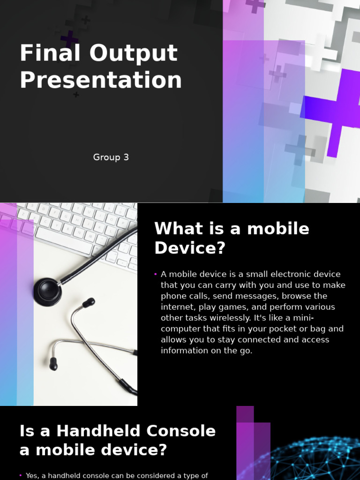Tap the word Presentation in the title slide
pyautogui.click(x=101, y=80)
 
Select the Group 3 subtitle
pyautogui.click(x=111, y=157)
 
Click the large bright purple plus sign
pyautogui.click(x=338, y=110)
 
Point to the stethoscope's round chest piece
pyautogui.click(x=47, y=291)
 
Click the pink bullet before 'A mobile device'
pyautogui.click(x=155, y=274)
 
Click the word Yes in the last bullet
pyautogui.click(x=32, y=476)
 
